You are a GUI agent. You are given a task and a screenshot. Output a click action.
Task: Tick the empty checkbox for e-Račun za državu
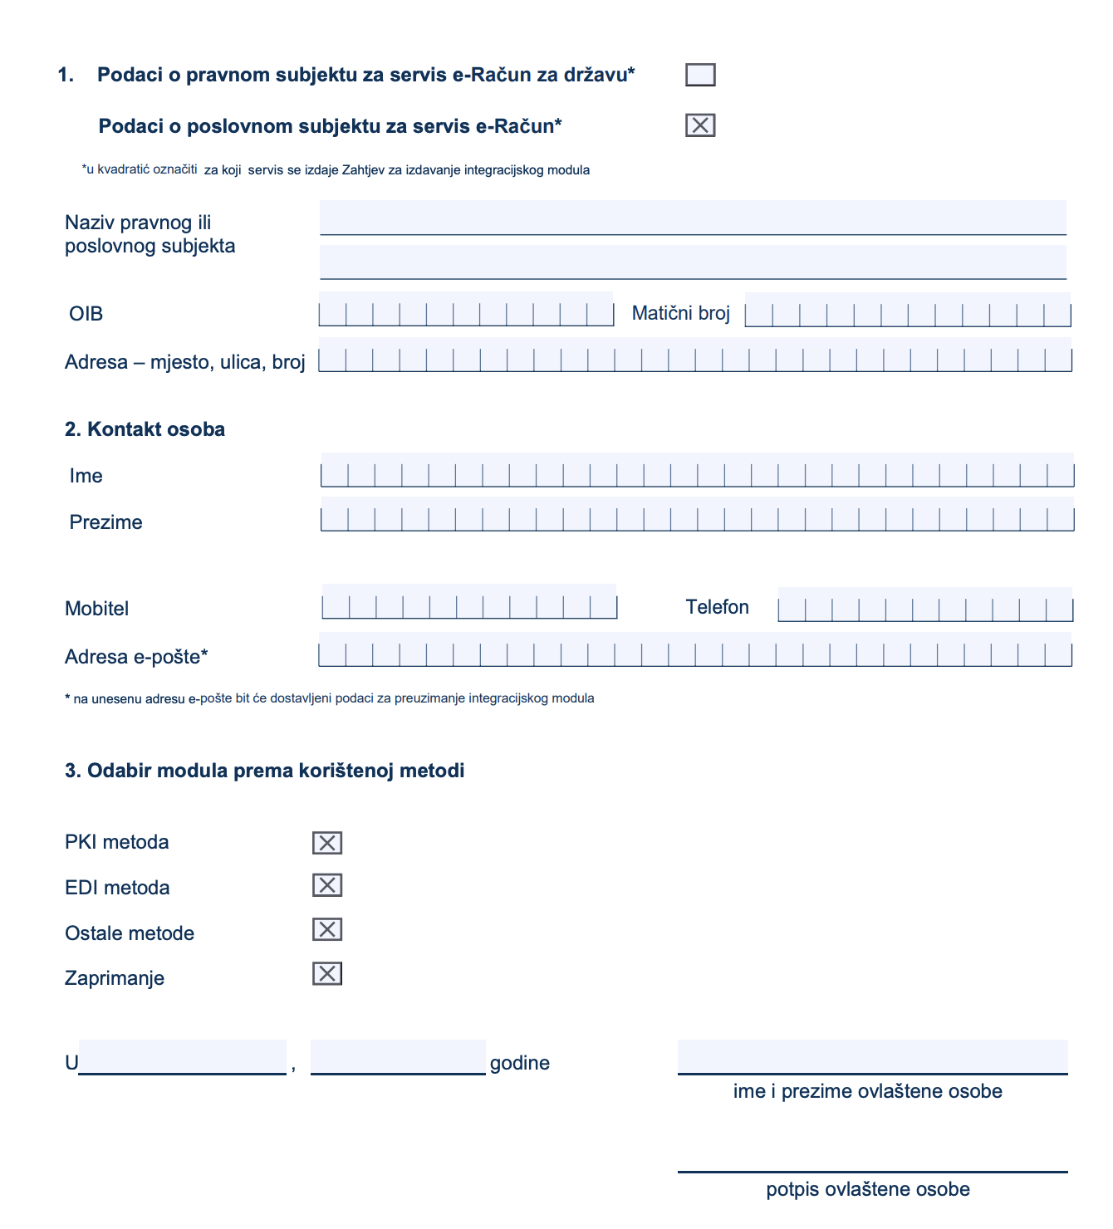(x=700, y=75)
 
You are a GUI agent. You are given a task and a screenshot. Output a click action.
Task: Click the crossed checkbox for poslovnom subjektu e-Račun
(x=700, y=125)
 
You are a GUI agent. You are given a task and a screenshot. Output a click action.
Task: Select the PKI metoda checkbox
(x=327, y=843)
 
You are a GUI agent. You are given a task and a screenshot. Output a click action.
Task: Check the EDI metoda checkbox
(x=327, y=885)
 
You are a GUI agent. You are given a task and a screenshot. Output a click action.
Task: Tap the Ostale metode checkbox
(x=327, y=929)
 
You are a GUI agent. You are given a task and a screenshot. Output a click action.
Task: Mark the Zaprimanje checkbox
(x=327, y=973)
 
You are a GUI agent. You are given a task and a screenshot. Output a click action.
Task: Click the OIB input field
(x=466, y=310)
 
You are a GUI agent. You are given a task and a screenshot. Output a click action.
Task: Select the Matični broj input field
(x=907, y=310)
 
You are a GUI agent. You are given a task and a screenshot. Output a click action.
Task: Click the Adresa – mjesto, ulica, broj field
(x=695, y=355)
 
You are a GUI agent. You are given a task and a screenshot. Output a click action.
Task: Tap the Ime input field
(x=697, y=471)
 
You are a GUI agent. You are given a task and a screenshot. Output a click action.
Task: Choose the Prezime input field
(x=697, y=515)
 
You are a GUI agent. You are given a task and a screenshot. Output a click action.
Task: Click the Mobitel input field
(x=469, y=603)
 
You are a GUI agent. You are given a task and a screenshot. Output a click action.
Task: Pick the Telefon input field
(x=925, y=605)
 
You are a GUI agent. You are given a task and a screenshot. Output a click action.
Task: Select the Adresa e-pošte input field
(x=695, y=650)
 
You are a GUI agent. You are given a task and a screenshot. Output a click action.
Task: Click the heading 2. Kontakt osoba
(x=145, y=429)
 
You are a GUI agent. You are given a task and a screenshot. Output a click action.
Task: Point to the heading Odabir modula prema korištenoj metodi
(x=265, y=771)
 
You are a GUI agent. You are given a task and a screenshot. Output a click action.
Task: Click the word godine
(x=520, y=1063)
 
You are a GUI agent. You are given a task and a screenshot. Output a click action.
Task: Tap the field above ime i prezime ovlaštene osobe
(x=872, y=1056)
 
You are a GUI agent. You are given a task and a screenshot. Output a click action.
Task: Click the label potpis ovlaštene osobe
(x=868, y=1189)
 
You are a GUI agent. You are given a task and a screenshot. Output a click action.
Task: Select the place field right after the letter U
(x=183, y=1057)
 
